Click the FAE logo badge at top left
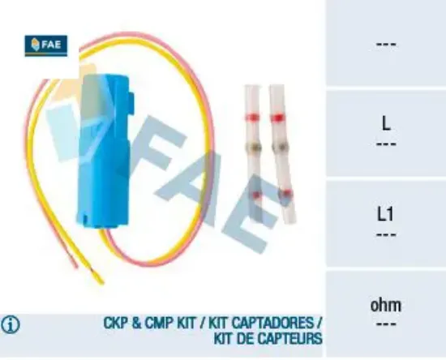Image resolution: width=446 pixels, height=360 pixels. [x=46, y=45]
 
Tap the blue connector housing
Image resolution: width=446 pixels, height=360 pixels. [x=105, y=151]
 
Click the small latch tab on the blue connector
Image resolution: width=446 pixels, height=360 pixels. [x=131, y=104]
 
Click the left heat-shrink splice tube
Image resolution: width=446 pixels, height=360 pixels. [x=253, y=152]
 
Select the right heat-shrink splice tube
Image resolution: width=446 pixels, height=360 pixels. [x=282, y=153]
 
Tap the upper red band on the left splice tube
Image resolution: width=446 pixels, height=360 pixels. [x=251, y=117]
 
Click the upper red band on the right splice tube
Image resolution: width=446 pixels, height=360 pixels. [x=278, y=117]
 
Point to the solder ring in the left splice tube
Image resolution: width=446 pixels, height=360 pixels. [x=253, y=147]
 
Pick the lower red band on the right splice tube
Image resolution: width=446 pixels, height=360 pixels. [x=286, y=194]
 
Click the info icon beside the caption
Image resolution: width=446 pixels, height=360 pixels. [x=11, y=324]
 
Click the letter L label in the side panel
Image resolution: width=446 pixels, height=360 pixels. [x=386, y=123]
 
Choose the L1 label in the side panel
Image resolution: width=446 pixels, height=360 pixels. [x=385, y=213]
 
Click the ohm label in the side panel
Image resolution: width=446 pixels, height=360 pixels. [x=386, y=305]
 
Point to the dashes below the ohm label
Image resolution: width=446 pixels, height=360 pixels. [x=386, y=324]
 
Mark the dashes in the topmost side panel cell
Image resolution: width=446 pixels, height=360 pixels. [x=386, y=44]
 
